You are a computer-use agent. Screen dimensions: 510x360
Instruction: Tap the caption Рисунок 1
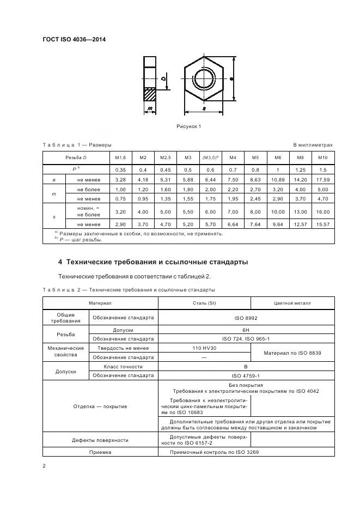click(x=189, y=126)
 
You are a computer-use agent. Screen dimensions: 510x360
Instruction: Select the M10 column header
click(x=322, y=157)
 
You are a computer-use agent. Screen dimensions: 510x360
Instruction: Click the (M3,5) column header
click(x=210, y=157)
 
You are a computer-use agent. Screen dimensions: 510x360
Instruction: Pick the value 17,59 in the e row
click(x=322, y=179)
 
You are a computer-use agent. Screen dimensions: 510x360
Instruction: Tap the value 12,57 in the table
click(x=300, y=224)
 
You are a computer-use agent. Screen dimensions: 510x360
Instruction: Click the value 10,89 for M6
click(x=278, y=179)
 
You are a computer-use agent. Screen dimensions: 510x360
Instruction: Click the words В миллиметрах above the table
click(x=313, y=145)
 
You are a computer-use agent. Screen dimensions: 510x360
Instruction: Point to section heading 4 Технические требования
click(x=153, y=262)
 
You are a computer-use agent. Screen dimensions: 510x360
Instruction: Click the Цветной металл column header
click(x=292, y=303)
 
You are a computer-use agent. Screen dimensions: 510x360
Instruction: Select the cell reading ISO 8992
click(x=246, y=317)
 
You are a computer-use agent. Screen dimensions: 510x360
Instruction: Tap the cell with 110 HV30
click(x=204, y=348)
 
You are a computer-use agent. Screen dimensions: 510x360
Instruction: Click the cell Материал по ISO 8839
click(x=292, y=353)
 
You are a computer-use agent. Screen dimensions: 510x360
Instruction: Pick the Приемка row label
click(x=100, y=452)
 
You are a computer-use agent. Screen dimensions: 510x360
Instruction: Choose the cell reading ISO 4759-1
click(x=246, y=375)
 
